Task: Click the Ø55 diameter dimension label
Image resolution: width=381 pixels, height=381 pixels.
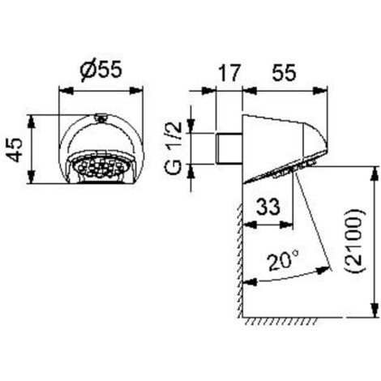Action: click(101, 71)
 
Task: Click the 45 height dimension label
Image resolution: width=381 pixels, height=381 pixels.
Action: click(15, 150)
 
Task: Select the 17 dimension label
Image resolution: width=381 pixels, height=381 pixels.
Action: click(229, 72)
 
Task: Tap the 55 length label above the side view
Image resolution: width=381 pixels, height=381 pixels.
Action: click(284, 72)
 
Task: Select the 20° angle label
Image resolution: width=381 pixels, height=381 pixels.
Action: click(283, 259)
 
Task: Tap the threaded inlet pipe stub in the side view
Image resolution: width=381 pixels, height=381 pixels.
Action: click(229, 148)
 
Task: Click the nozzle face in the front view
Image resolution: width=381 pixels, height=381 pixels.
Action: click(101, 167)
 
